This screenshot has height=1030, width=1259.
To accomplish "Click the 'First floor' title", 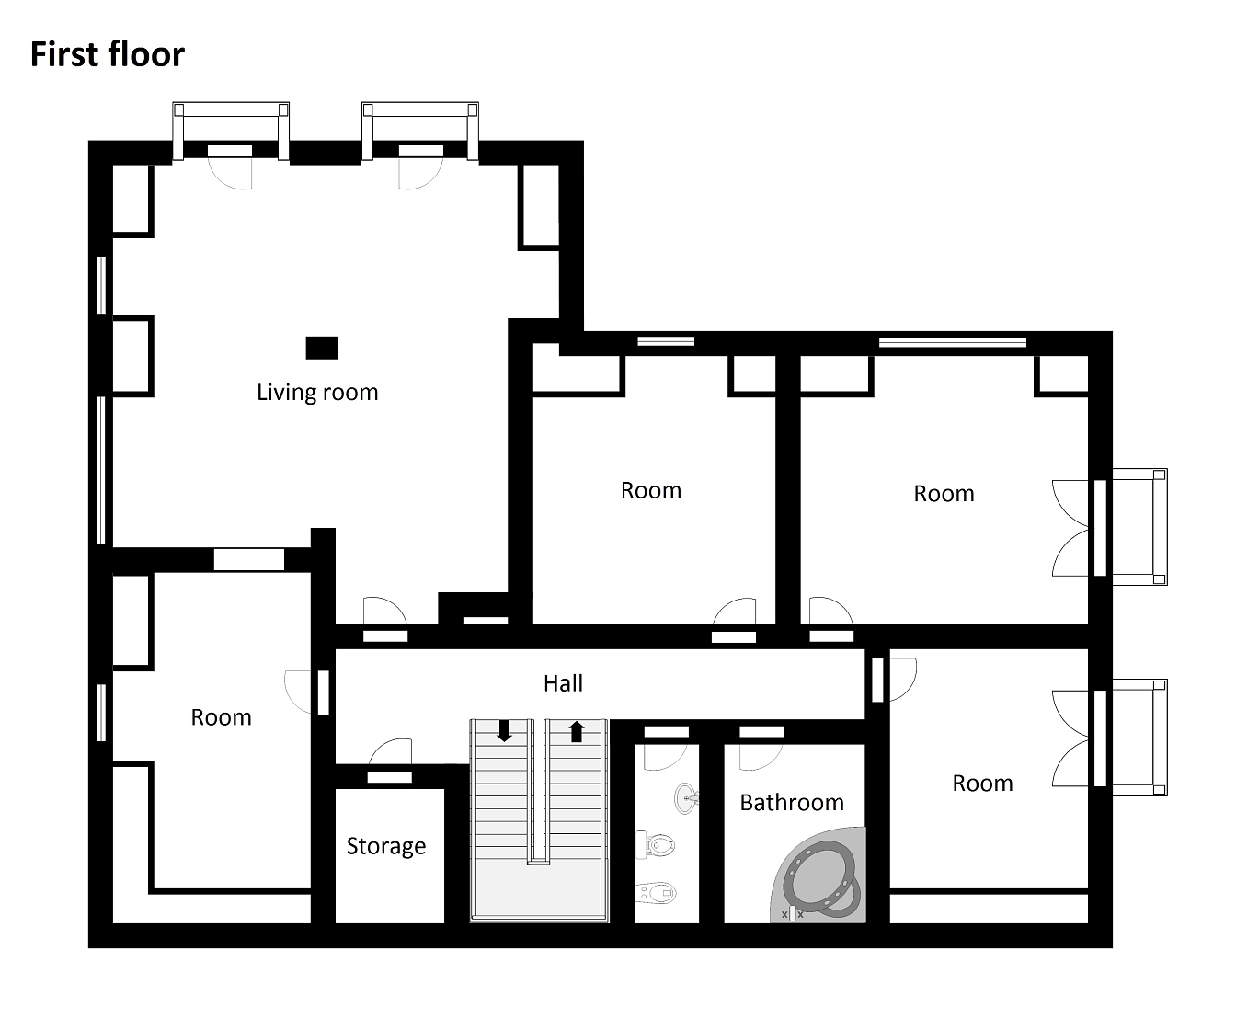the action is tap(108, 54).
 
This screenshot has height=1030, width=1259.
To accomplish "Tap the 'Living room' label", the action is tap(317, 393).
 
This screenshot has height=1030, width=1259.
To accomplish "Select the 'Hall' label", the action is tap(563, 683).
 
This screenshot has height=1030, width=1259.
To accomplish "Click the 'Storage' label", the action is tap(386, 846).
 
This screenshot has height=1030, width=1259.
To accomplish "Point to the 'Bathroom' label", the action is tap(792, 803).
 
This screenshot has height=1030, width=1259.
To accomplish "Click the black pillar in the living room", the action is tap(322, 348).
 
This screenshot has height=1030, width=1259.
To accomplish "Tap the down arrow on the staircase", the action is tap(505, 731).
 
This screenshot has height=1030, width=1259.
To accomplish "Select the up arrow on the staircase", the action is tap(576, 731).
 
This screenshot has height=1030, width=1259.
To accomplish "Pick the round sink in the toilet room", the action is tap(685, 797).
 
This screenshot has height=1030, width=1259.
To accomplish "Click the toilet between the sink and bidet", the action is tap(656, 844).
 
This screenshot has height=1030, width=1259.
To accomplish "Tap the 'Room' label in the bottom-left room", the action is tap(221, 717).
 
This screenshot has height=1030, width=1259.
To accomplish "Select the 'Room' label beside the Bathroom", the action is tap(982, 784).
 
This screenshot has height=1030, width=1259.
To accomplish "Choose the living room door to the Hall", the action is tap(385, 611).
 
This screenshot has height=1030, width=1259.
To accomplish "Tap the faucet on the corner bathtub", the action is tap(792, 913).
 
